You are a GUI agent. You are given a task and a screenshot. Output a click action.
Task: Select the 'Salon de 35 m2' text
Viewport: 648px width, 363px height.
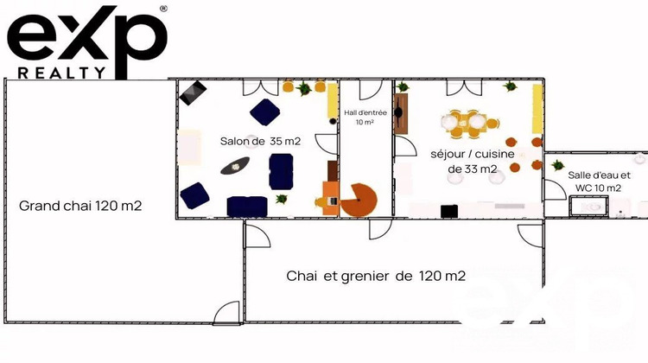[250, 141]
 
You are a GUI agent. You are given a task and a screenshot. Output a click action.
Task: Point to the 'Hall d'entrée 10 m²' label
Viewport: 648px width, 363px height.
[365, 117]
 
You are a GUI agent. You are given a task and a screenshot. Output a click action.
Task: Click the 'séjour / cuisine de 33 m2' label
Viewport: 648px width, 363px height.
[473, 161]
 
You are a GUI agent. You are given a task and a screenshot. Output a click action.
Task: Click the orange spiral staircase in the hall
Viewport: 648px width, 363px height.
[359, 200]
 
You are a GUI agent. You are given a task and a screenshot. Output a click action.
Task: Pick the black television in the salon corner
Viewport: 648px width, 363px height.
[193, 92]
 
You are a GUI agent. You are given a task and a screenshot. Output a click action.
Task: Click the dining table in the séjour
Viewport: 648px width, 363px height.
[467, 123]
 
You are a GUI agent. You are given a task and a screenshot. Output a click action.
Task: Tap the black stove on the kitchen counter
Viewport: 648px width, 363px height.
[449, 210]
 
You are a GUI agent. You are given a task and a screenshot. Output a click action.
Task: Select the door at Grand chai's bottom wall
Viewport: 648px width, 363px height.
[227, 314]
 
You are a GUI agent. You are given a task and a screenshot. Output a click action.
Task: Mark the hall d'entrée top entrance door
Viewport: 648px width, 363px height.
[370, 88]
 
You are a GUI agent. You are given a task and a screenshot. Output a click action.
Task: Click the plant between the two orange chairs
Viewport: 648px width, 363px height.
[304, 87]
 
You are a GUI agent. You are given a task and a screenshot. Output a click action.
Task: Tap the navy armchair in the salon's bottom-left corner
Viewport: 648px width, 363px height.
[195, 194]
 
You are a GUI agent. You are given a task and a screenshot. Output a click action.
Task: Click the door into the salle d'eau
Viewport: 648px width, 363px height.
[554, 190]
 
